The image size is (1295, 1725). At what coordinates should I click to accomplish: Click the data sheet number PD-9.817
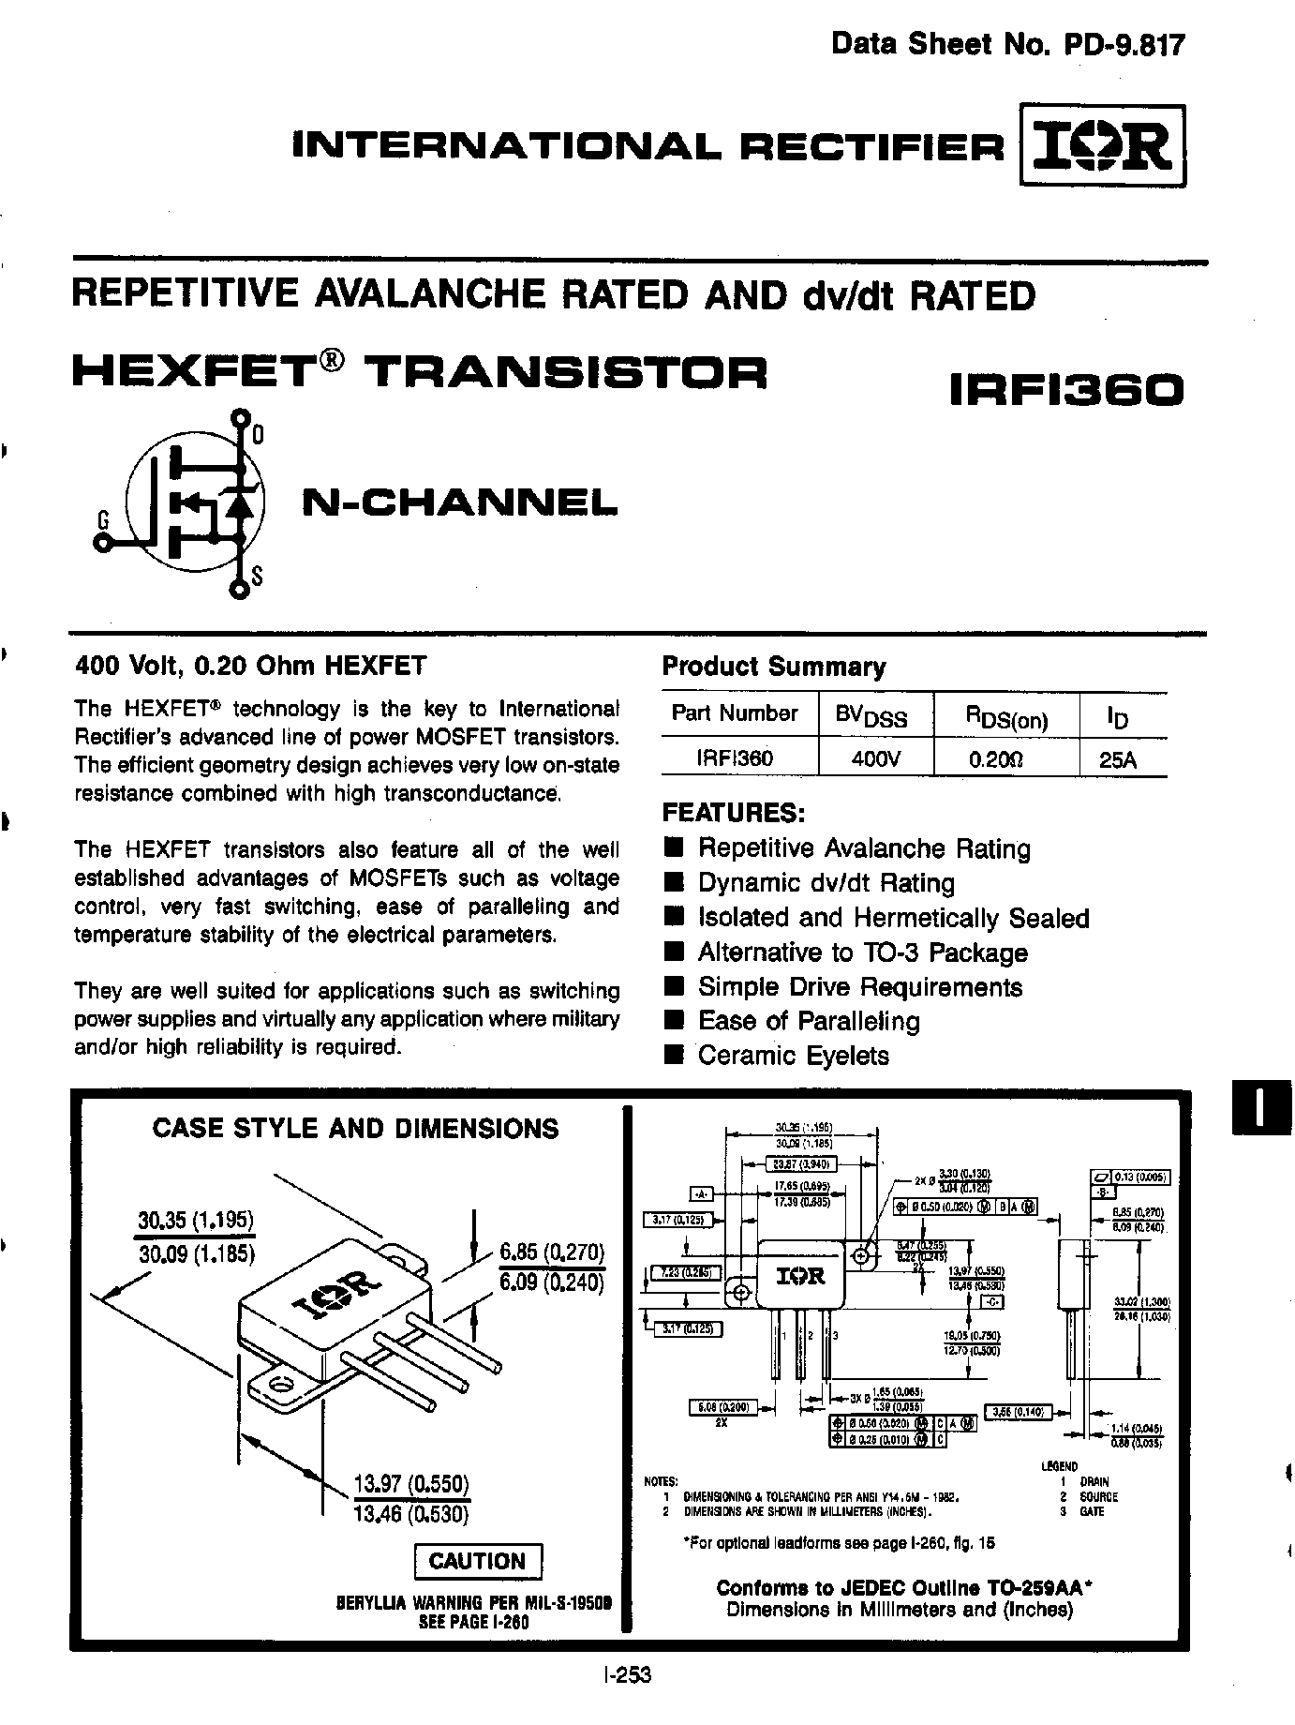pos(1009,44)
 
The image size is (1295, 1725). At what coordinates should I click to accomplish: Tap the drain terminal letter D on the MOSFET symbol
pos(259,435)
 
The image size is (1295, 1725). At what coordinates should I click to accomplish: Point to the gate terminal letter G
pos(103,519)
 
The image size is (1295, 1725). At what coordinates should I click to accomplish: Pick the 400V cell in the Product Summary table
pos(875,758)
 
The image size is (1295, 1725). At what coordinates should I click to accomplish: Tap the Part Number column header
pos(734,713)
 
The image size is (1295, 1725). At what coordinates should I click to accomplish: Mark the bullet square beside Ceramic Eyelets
pos(673,1056)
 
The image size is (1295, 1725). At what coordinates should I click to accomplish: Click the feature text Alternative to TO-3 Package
pos(862,952)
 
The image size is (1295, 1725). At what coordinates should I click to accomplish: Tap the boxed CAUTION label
pos(477,1561)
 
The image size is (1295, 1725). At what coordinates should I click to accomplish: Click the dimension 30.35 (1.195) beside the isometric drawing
pos(196,1222)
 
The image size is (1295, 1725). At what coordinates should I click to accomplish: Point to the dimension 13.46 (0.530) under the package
pos(410,1514)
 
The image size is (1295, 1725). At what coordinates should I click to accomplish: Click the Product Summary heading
pos(773,667)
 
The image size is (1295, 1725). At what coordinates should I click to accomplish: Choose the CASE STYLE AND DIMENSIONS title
pos(355,1128)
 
